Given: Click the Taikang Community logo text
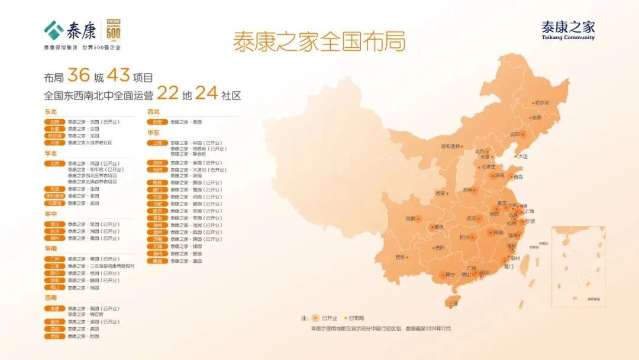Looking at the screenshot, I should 568,30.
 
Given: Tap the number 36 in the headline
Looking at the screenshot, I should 78,76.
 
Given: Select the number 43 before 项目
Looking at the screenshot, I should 118,76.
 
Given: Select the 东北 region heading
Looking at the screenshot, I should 51,111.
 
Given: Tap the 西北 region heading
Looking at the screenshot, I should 153,111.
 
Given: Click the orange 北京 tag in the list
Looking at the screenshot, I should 54,163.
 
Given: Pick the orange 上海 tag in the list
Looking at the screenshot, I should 157,143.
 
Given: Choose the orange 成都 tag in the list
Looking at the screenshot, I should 54,308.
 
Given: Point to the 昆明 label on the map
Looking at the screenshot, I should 401,257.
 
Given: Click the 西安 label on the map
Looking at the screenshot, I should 441,193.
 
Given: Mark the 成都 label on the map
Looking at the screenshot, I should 410,218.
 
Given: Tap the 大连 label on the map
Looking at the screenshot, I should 522,156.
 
